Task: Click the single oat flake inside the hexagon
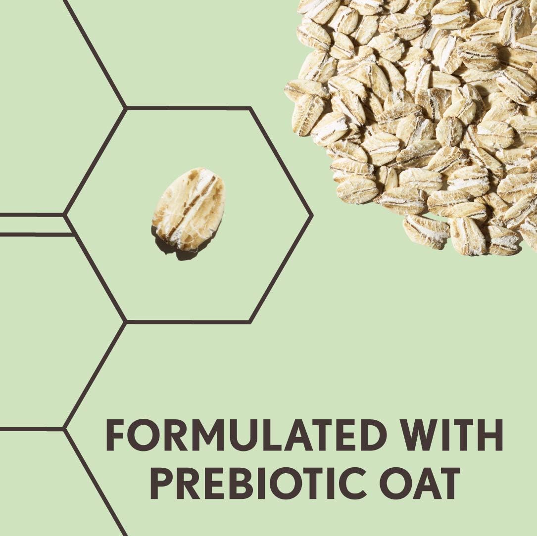click(x=189, y=209)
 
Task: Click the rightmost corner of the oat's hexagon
click(x=312, y=215)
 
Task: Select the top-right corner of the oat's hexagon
click(x=250, y=108)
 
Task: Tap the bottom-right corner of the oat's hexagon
click(x=249, y=321)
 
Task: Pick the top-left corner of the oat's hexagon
click(x=126, y=108)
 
